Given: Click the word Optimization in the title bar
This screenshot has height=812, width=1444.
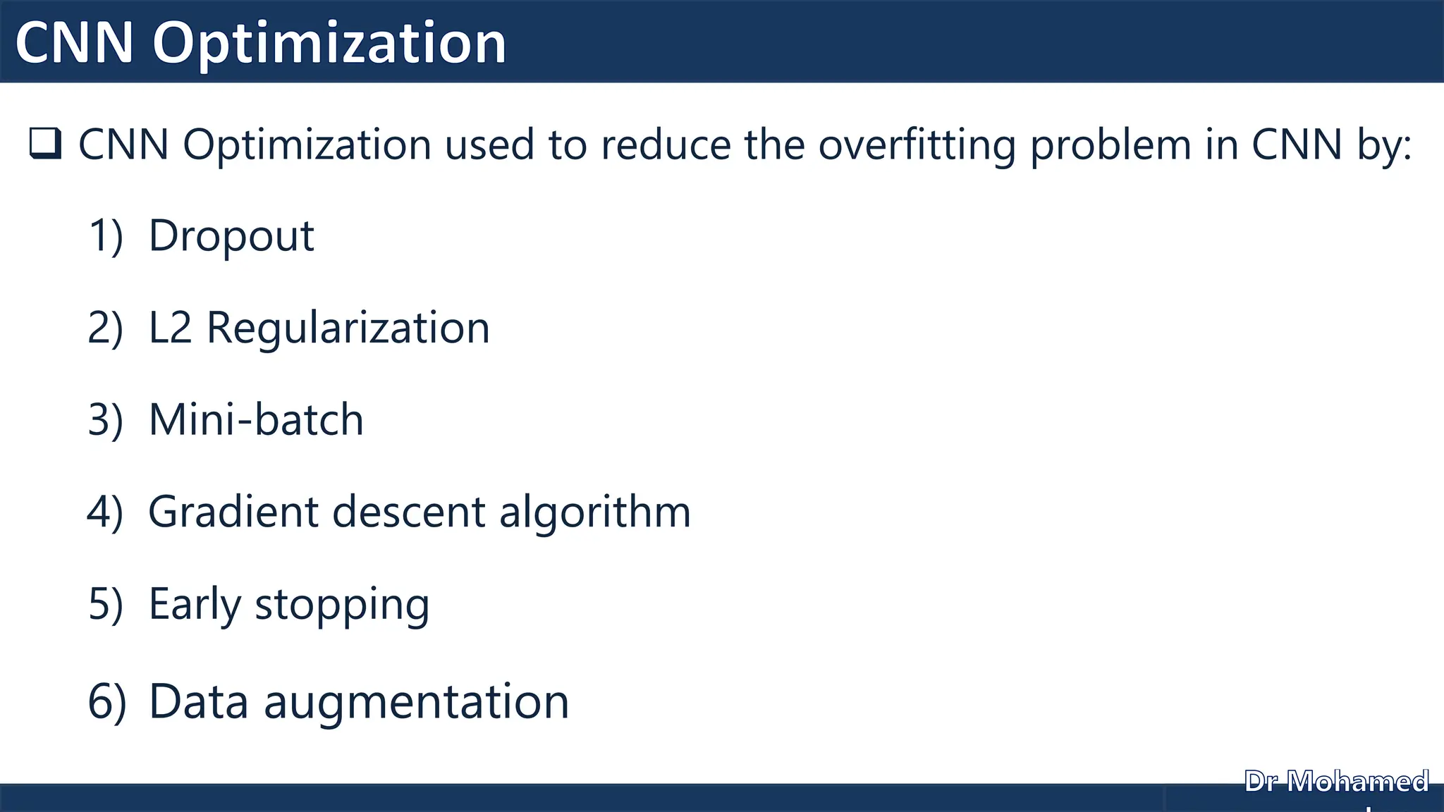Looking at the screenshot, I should [x=329, y=44].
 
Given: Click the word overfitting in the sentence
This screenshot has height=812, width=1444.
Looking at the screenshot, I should [x=917, y=145].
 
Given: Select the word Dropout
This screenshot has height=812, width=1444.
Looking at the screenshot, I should [x=231, y=235].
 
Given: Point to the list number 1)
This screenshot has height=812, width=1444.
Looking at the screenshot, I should [x=106, y=235].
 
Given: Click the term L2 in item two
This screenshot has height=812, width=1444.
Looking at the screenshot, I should [x=170, y=328].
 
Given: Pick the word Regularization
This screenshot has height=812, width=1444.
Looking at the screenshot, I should [x=348, y=328].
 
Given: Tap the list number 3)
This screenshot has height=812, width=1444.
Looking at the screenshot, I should [x=106, y=420].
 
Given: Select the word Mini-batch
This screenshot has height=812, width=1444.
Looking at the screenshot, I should [x=256, y=420].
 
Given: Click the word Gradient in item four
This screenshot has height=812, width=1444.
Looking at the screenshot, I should [x=233, y=512].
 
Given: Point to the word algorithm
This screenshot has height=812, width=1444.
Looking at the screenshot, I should [x=595, y=513].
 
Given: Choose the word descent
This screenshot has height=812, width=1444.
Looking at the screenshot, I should [x=409, y=512].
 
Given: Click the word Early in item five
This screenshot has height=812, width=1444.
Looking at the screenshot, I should [x=195, y=605].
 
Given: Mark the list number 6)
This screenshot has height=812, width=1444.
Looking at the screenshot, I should [x=107, y=702].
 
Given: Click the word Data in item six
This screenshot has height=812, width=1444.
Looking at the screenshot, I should [x=199, y=702].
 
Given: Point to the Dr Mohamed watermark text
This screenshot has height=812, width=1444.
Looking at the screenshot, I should [x=1336, y=782].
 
